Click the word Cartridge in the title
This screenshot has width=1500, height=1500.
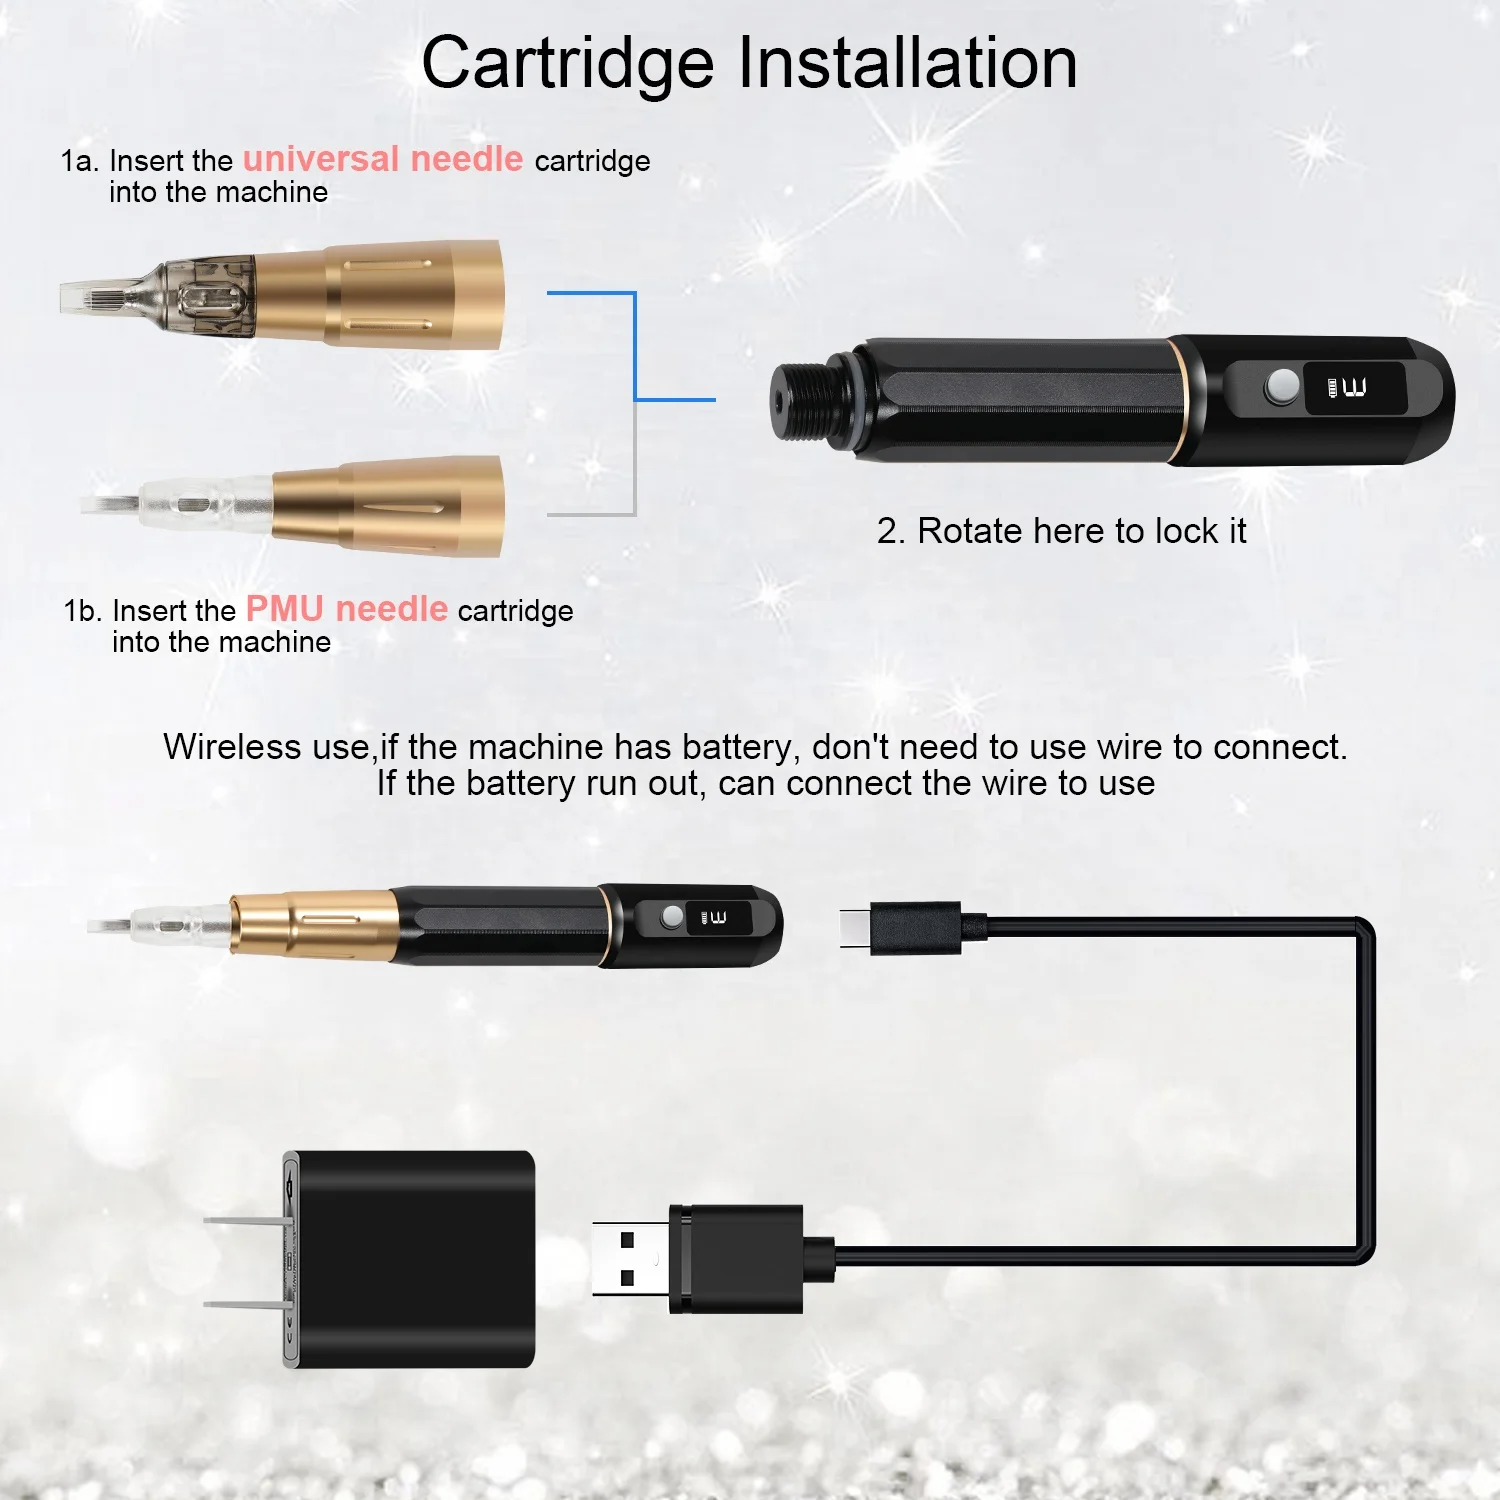[x=567, y=64]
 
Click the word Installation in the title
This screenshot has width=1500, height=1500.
[x=908, y=64]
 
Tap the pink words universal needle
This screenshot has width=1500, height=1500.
[x=383, y=159]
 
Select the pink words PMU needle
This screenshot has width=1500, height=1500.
[x=346, y=609]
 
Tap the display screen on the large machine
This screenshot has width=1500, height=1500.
[x=1354, y=388]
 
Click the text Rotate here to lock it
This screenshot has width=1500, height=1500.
[x=1061, y=531]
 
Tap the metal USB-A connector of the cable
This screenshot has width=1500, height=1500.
[x=630, y=1259]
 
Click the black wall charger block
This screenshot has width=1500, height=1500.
[x=415, y=1258]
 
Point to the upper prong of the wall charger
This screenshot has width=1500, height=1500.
[x=245, y=1221]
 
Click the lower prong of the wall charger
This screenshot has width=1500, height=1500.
[x=245, y=1304]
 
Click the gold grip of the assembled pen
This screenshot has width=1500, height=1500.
[x=315, y=924]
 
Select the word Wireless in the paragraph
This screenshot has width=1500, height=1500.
[x=231, y=747]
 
